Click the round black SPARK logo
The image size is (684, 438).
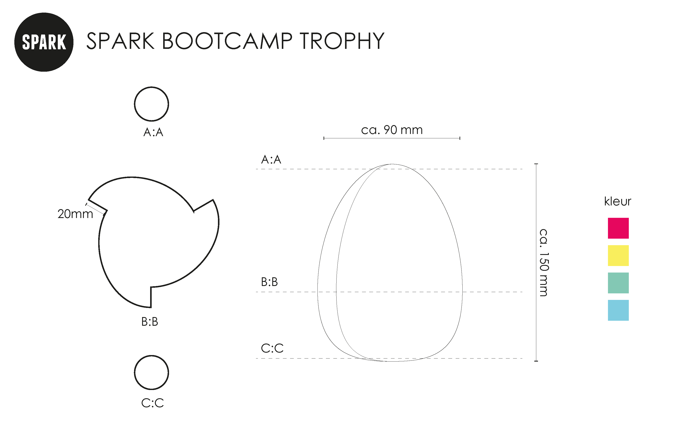click(44, 42)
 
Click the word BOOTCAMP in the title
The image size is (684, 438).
click(227, 41)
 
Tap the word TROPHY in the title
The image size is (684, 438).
click(342, 41)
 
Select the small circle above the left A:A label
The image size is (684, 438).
click(151, 104)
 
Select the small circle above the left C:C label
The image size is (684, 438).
click(151, 373)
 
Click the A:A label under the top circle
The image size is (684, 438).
click(153, 132)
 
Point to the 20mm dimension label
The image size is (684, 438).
click(75, 214)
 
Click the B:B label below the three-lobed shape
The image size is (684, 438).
click(150, 322)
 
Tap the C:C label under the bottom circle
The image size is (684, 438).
click(153, 403)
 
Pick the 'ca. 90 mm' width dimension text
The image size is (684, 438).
click(392, 130)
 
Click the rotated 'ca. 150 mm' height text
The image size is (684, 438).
click(543, 263)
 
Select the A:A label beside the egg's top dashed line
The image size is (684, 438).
click(271, 160)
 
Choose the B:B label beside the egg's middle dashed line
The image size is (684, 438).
click(269, 282)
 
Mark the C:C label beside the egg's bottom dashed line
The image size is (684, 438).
click(272, 348)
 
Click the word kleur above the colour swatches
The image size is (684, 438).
click(618, 201)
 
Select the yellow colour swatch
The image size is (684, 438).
click(618, 256)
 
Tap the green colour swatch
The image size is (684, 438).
click(618, 283)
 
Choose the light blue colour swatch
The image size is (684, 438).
click(618, 310)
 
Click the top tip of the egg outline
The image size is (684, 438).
click(392, 164)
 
